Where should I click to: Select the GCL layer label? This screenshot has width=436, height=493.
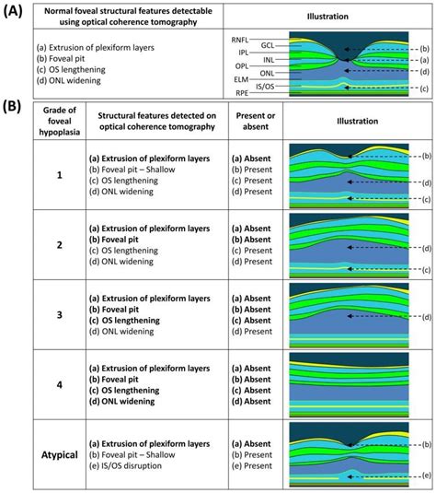268,44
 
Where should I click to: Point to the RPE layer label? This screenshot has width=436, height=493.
240,92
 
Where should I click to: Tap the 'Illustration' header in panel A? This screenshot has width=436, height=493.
327,17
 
